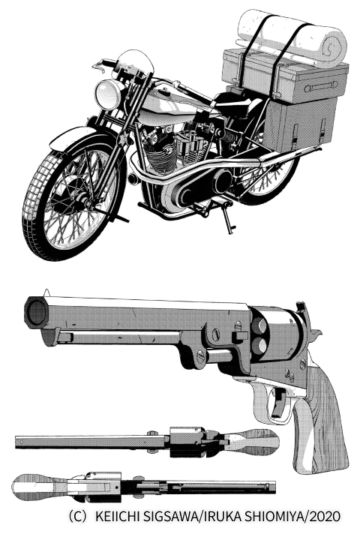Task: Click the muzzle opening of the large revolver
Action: click(36, 313)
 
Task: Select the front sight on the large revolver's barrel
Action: click(46, 292)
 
